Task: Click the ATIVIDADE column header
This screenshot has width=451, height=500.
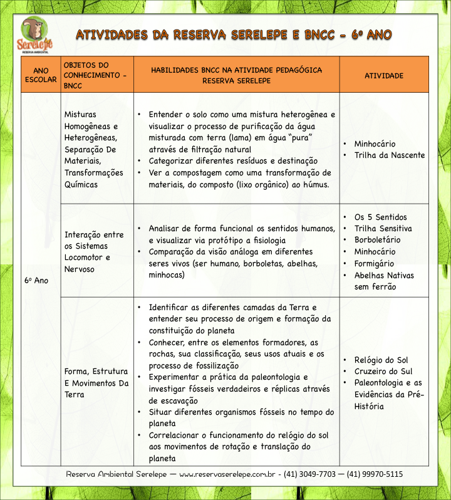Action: coord(383,75)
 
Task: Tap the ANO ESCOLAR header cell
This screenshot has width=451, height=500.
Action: coord(40,75)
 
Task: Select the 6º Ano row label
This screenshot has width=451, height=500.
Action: coord(37,280)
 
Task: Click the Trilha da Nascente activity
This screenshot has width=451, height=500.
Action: coord(389,155)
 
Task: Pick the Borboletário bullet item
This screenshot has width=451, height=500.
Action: coord(377,240)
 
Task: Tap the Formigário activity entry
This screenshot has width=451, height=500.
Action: coord(375,264)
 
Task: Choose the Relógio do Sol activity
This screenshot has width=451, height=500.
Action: coord(381,360)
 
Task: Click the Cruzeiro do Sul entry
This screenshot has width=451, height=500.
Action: coord(383,371)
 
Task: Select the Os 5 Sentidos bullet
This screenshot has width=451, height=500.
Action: coord(380,217)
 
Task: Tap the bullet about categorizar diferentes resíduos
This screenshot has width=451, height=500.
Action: coord(232,161)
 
